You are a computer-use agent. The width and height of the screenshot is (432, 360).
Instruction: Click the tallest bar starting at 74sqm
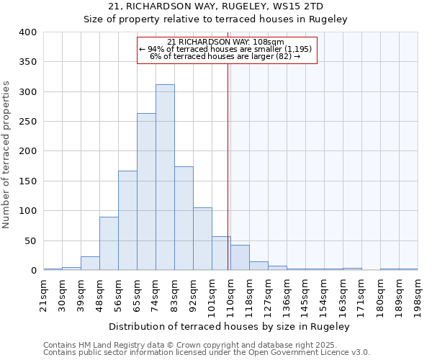[165, 177]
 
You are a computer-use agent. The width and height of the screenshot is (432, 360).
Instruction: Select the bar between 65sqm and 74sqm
[146, 192]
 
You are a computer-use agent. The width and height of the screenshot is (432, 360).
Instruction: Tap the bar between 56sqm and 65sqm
[127, 220]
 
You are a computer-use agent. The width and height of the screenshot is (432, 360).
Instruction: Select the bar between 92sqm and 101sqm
[202, 239]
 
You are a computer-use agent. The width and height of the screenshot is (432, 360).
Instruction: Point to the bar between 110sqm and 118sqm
[240, 258]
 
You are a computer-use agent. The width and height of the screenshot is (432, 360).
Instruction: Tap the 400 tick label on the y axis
[28, 32]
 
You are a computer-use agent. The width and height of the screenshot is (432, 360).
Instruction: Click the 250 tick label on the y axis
[28, 122]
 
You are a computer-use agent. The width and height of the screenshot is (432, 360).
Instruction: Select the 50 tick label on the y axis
[31, 240]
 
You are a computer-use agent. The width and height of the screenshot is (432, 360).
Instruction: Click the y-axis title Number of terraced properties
[7, 154]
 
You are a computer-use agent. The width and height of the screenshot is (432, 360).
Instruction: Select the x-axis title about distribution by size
[230, 326]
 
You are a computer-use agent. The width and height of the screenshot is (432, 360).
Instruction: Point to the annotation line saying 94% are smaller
[225, 49]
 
